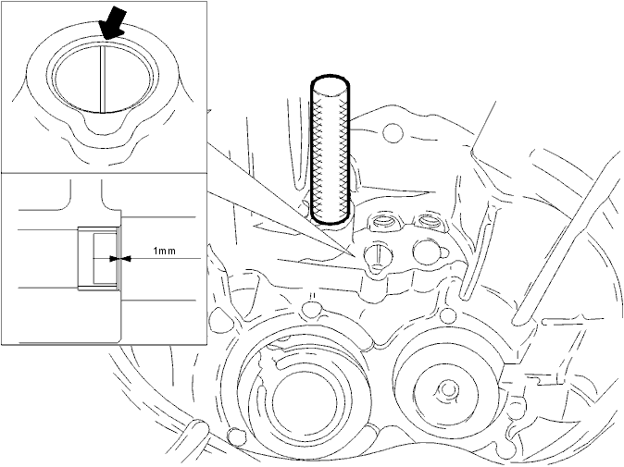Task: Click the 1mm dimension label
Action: pyautogui.click(x=164, y=251)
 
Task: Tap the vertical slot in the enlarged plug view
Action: pyautogui.click(x=102, y=80)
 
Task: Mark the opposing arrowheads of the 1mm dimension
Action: pyautogui.click(x=120, y=259)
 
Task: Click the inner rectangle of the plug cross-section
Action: pyautogui.click(x=105, y=259)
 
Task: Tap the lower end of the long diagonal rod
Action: pyautogui.click(x=518, y=319)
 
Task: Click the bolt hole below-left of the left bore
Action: pyautogui.click(x=235, y=436)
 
